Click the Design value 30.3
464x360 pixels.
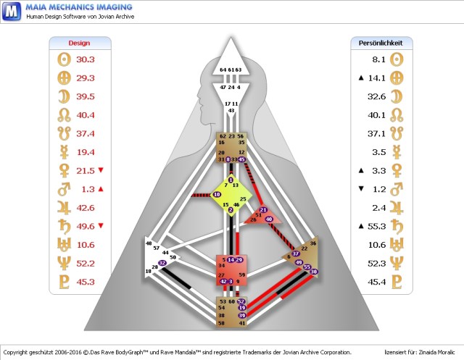pos(86,59)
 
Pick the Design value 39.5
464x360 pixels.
pos(86,96)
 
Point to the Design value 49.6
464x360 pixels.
pos(86,226)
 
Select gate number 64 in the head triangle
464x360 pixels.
pos(223,70)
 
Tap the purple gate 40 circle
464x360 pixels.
pos(269,218)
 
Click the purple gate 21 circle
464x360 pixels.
pos(262,210)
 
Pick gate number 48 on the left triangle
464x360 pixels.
pos(149,243)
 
